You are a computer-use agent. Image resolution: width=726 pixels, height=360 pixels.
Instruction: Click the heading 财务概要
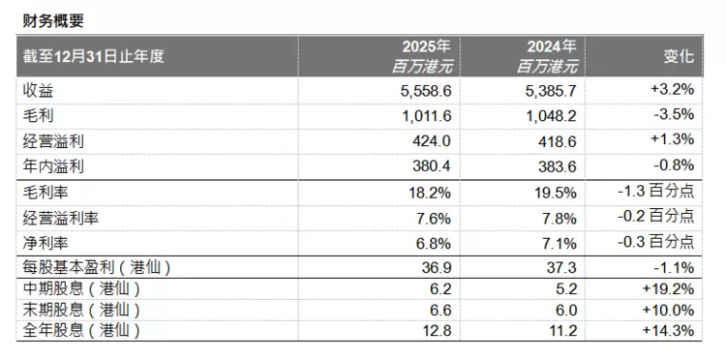pyautogui.click(x=53, y=21)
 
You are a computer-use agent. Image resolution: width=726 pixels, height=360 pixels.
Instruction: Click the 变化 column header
pyautogui.click(x=680, y=56)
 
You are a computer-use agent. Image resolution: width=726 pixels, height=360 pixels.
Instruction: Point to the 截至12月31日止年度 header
pyautogui.click(x=94, y=56)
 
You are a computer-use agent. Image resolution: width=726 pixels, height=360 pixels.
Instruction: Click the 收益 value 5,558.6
pyautogui.click(x=426, y=91)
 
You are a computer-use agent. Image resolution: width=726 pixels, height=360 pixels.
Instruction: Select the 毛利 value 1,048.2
pyautogui.click(x=551, y=116)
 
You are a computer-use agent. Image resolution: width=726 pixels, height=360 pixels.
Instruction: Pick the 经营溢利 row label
pyautogui.click(x=53, y=141)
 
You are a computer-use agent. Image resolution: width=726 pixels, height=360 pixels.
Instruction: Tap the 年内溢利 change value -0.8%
pyautogui.click(x=674, y=165)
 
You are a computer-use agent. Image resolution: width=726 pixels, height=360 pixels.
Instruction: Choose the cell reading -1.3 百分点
pyautogui.click(x=656, y=191)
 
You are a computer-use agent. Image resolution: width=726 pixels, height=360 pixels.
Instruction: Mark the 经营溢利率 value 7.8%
pyautogui.click(x=560, y=218)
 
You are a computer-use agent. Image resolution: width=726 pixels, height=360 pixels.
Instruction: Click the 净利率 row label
pyautogui.click(x=45, y=243)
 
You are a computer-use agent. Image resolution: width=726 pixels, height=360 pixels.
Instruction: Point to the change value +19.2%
pyautogui.click(x=668, y=288)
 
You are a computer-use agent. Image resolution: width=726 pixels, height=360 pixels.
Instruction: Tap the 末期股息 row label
pyautogui.click(x=81, y=310)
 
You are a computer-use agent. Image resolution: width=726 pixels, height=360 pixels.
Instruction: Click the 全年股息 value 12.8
pyautogui.click(x=436, y=331)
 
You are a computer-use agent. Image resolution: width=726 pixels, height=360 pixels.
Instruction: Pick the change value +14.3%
pyautogui.click(x=668, y=330)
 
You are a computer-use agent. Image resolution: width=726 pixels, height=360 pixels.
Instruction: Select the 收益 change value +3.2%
pyautogui.click(x=673, y=89)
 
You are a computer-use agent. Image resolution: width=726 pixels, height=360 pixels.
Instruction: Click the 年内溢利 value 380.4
pyautogui.click(x=432, y=165)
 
